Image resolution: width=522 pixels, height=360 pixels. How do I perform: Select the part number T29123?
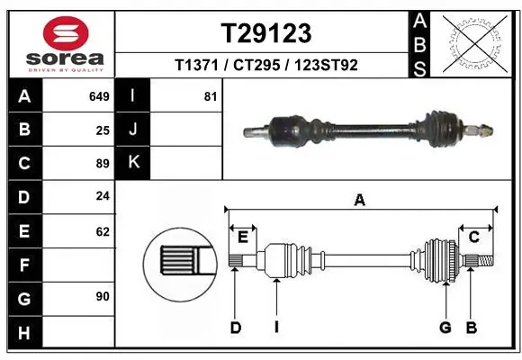click(x=266, y=33)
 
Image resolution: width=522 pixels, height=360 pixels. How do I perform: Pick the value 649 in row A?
click(x=100, y=96)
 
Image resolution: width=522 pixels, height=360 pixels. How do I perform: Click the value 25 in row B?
click(x=103, y=130)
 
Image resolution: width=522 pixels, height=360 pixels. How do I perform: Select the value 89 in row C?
click(x=103, y=164)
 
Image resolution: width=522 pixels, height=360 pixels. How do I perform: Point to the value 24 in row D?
click(x=103, y=196)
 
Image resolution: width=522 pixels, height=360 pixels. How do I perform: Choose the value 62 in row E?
click(x=103, y=231)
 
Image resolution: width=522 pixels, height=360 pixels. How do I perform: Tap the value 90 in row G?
click(x=103, y=295)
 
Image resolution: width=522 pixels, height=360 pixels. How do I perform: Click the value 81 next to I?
click(x=211, y=96)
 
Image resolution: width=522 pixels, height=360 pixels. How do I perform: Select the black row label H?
click(x=24, y=332)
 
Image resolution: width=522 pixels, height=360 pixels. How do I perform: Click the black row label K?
click(x=133, y=162)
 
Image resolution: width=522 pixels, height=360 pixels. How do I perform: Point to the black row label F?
click(x=24, y=265)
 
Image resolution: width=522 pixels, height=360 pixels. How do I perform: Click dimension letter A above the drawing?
click(x=360, y=201)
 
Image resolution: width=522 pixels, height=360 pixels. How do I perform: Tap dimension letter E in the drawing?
click(x=243, y=237)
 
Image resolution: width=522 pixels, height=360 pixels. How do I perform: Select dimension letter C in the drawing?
click(x=473, y=237)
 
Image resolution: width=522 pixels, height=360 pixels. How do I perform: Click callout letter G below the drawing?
click(x=445, y=328)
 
